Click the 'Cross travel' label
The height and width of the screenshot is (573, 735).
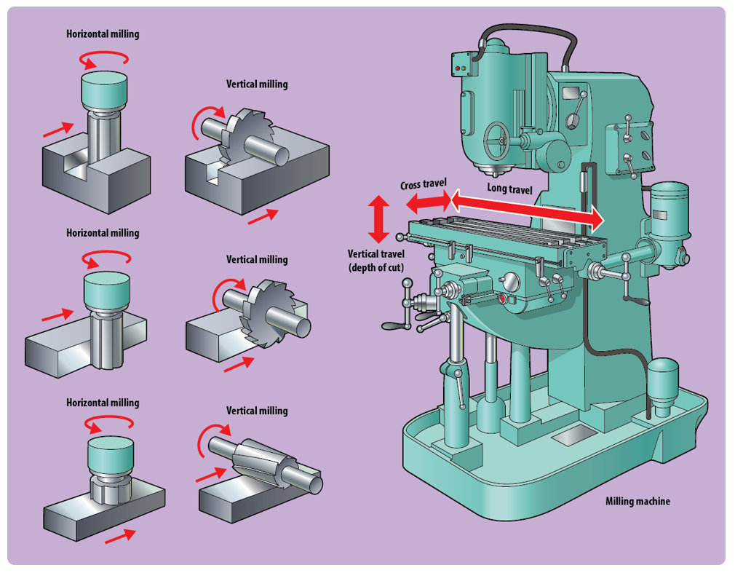pyautogui.click(x=423, y=184)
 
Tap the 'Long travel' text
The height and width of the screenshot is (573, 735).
pyautogui.click(x=509, y=189)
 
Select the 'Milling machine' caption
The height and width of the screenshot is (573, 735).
pyautogui.click(x=637, y=501)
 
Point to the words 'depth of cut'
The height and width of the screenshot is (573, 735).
pyautogui.click(x=376, y=267)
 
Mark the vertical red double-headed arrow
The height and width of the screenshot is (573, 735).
pyautogui.click(x=378, y=219)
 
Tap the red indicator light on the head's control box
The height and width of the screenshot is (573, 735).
pyautogui.click(x=456, y=68)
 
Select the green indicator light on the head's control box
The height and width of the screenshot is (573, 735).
pyautogui.click(x=463, y=68)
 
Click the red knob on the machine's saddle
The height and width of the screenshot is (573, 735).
pyautogui.click(x=502, y=299)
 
